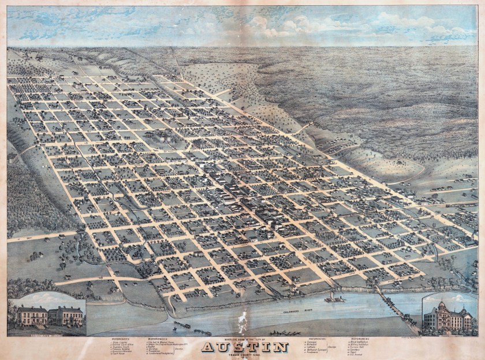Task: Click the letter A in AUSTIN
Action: pos(209,347)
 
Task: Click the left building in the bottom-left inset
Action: pos(32,316)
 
